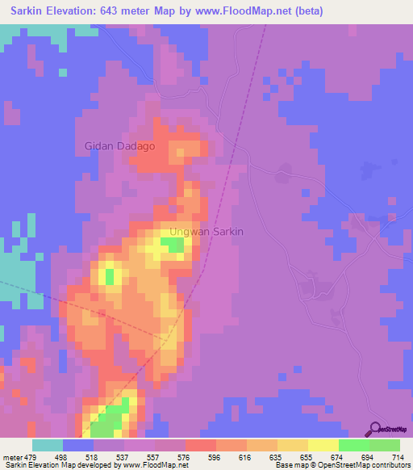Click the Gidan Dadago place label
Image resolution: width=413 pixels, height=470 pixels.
tap(119, 146)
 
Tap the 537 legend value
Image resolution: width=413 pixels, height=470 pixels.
tap(123, 456)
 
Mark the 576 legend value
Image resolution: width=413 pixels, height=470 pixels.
tap(185, 456)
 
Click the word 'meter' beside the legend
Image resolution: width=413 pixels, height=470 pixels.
tap(11, 456)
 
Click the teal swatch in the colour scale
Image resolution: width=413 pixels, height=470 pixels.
tap(48, 445)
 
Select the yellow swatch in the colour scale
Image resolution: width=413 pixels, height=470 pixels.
tap(323, 445)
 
